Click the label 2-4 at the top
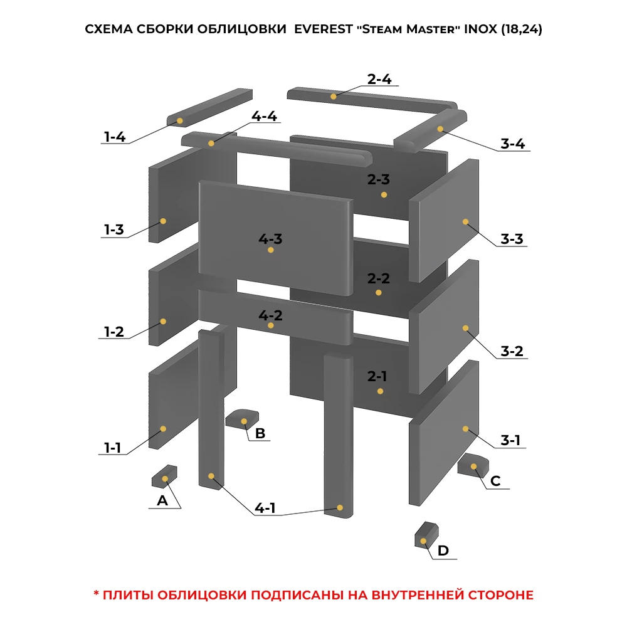coord(379,79)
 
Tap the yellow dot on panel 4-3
coord(271,250)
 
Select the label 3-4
coord(513,144)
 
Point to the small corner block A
coord(164,477)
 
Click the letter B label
coord(260,433)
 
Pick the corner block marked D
coord(426,535)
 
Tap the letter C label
coord(495,481)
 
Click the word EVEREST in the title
coord(324,29)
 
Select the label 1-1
coord(112,448)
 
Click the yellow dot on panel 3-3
coord(465,221)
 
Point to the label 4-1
coord(265,508)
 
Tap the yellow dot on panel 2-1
coord(381,391)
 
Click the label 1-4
coord(115,137)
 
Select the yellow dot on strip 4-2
coord(271,325)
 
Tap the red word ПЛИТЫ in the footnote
coord(129,595)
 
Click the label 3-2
coord(512,351)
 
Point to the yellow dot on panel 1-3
coord(163,221)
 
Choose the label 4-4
coord(264,116)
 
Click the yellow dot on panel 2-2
coord(379,293)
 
